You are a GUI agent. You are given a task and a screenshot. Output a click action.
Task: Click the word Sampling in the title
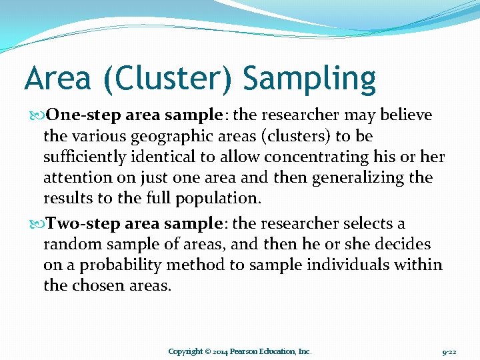point(309,79)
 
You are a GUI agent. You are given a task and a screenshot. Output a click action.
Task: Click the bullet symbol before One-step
point(33,115)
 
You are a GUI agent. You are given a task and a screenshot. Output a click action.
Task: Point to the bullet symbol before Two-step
point(33,224)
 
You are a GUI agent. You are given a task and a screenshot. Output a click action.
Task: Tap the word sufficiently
point(86,157)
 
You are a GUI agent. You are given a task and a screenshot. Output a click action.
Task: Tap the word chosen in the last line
point(99,286)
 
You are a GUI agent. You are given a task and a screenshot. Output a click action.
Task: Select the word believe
point(405,115)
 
